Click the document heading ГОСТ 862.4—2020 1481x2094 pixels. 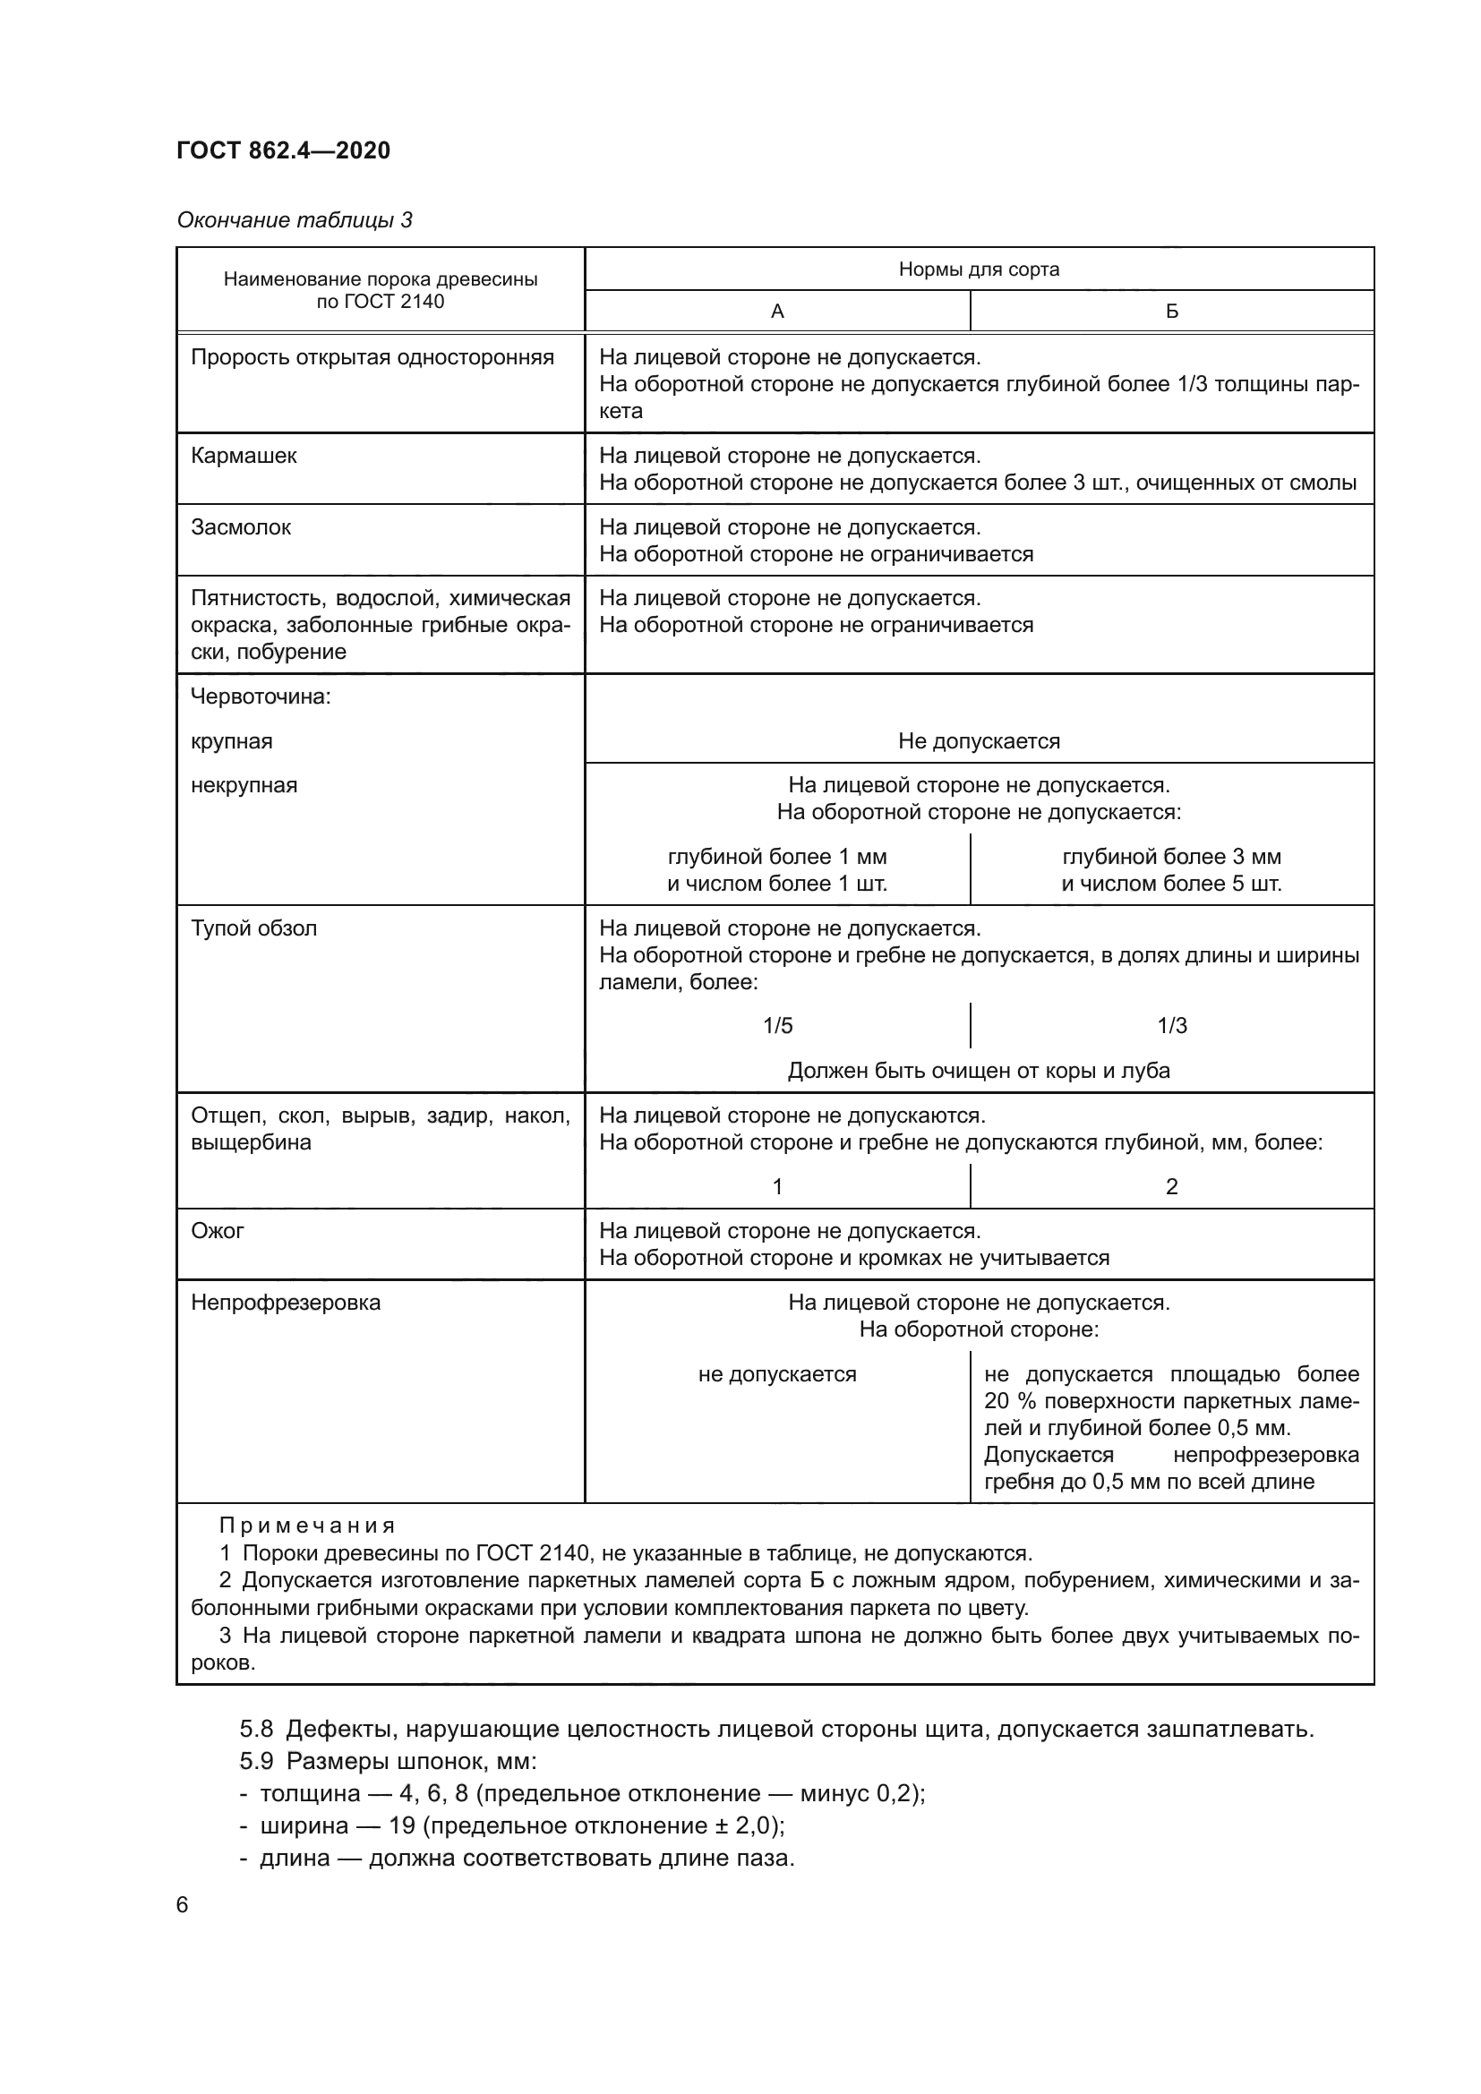pos(283,150)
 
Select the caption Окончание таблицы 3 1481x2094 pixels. pos(294,220)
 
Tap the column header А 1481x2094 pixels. pos(777,312)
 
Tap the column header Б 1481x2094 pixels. pos(1172,312)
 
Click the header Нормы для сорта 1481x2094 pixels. pos(979,269)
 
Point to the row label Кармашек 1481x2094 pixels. pos(244,456)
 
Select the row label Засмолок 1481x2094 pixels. pos(241,527)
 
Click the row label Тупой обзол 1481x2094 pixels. pos(253,928)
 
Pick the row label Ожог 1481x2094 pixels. pos(217,1231)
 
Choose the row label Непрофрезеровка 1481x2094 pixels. pos(286,1303)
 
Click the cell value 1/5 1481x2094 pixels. pos(777,1026)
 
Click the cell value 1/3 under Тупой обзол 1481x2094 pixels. pos(1172,1026)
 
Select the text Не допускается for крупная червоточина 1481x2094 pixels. pos(979,741)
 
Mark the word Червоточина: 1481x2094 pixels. pos(260,697)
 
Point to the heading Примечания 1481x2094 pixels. pos(307,1526)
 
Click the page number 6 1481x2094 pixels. pos(183,1905)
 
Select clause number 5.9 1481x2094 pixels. pos(256,1761)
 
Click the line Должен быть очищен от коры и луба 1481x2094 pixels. pos(979,1071)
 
